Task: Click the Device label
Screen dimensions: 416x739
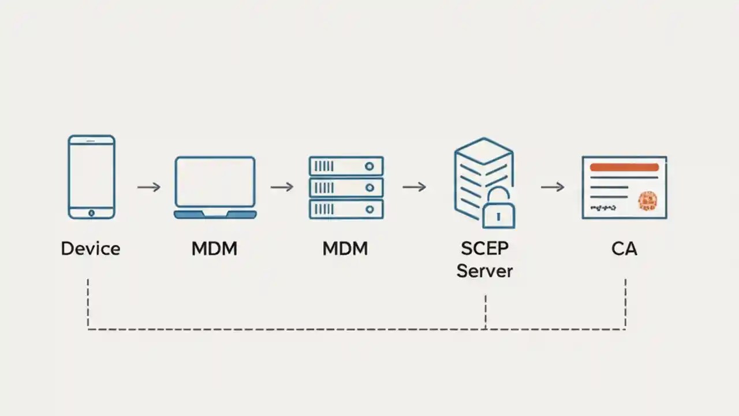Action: tap(91, 249)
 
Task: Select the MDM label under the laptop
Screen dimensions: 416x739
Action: tap(214, 249)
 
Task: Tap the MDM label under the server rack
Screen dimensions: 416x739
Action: tap(345, 249)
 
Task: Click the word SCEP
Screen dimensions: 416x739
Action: tap(484, 248)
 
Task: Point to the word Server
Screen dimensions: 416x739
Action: tap(484, 270)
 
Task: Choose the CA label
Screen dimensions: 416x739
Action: tap(624, 249)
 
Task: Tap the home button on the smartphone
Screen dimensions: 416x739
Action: tap(91, 213)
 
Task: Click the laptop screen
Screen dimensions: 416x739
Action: tap(215, 181)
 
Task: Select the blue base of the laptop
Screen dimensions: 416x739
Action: tap(215, 214)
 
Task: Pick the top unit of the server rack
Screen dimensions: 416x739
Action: tap(346, 166)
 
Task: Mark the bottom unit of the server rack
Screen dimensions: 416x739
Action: tap(346, 209)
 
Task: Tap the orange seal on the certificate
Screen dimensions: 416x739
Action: tap(648, 200)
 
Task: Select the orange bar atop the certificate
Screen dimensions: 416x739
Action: tap(624, 167)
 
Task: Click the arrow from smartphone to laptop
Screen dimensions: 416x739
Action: tap(149, 187)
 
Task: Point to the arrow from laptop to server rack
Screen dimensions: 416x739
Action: tap(282, 187)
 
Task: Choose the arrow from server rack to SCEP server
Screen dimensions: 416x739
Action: tap(414, 187)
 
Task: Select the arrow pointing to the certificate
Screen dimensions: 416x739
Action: tap(553, 187)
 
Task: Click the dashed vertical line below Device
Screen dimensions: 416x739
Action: tap(88, 303)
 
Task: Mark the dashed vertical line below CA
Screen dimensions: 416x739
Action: tap(625, 303)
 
